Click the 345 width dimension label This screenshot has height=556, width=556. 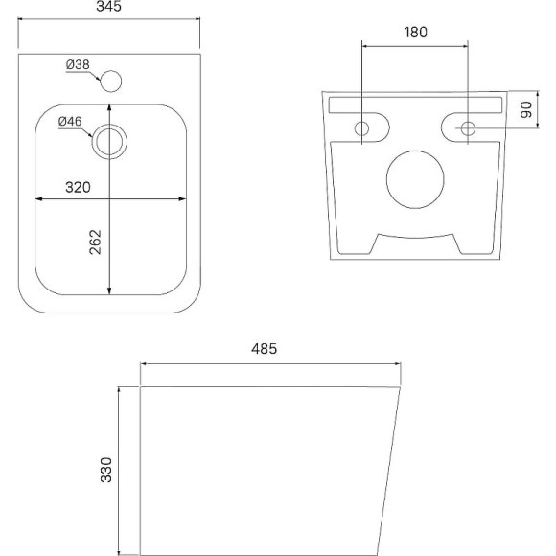click(108, 6)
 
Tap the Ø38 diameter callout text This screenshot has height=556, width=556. click(78, 64)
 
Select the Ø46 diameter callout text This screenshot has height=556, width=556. click(70, 122)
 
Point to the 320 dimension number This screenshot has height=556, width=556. click(78, 187)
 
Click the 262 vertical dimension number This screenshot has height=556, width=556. click(96, 243)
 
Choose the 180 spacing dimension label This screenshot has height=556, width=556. click(416, 33)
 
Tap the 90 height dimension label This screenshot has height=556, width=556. click(526, 109)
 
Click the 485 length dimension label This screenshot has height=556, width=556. click(265, 349)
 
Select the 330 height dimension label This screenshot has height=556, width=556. click(106, 470)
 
